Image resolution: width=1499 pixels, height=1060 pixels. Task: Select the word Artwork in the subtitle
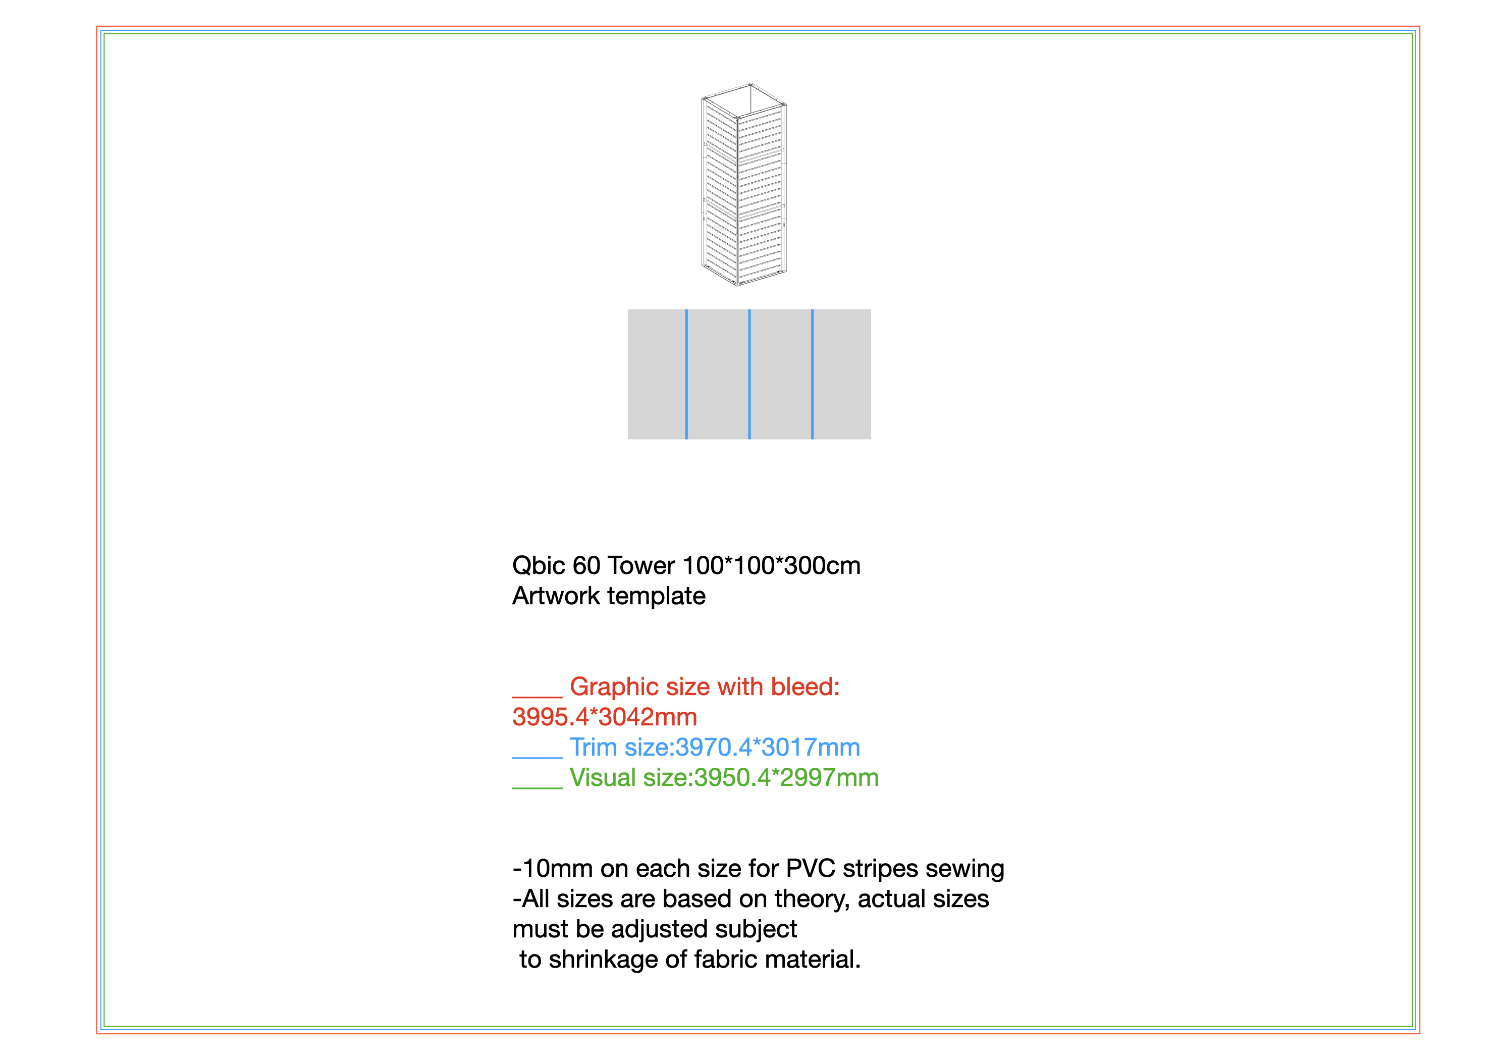pos(556,596)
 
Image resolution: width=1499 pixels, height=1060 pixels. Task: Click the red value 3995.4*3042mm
pos(605,717)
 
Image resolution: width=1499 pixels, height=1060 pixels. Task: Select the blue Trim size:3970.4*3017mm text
pos(714,747)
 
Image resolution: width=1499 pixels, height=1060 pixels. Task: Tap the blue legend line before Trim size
pos(538,758)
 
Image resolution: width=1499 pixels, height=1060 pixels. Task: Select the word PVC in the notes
pos(810,869)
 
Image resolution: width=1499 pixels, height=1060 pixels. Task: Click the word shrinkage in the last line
pos(603,960)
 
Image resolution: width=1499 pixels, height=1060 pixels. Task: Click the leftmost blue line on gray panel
pos(686,374)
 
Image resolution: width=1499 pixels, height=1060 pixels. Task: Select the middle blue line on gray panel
pos(749,374)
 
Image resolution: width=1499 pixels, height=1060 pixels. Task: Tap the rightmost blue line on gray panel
pos(812,374)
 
